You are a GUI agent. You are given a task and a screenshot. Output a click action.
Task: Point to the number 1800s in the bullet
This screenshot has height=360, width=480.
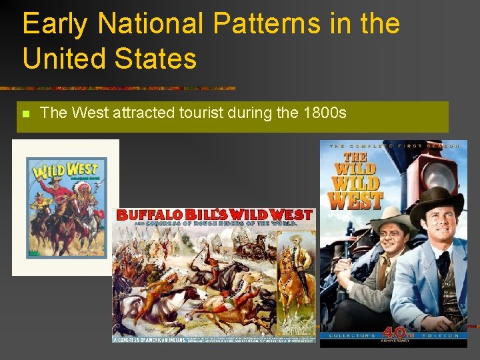[x=324, y=113]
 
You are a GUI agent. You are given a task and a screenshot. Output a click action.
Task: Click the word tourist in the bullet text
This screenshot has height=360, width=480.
[x=199, y=113]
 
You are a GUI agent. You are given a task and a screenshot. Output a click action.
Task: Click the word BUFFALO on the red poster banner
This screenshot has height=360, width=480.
[x=145, y=215]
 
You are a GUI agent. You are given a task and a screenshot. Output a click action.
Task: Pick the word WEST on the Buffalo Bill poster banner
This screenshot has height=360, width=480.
[x=290, y=215]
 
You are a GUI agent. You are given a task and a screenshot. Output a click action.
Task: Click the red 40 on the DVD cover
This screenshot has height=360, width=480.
[x=392, y=333]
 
